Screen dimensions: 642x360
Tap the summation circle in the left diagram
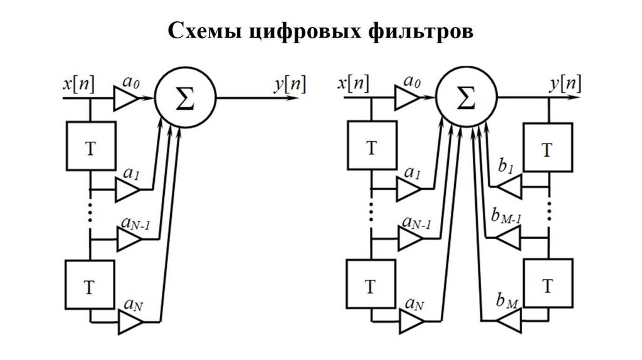185,98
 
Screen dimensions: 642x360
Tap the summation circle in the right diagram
466,98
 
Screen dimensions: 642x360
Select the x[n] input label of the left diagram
78,84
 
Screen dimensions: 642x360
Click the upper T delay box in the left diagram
91,146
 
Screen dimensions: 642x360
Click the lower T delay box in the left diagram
90,285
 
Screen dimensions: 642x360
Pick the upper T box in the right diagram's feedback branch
548,147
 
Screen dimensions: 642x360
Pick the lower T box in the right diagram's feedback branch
549,283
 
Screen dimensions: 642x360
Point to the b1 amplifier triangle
509,187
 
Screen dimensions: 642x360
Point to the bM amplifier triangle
509,320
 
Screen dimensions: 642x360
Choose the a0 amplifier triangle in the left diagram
126,98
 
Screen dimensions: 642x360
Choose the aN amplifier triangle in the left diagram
131,322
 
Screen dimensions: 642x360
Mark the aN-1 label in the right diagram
417,223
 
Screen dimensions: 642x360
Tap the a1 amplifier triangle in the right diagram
409,189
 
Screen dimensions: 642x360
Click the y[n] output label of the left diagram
290,85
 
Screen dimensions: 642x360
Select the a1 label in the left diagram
131,174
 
